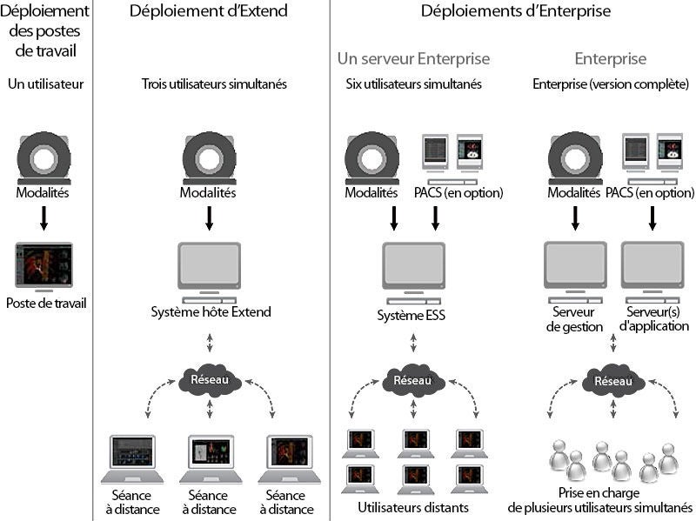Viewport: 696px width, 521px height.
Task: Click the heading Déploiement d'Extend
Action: coord(209,10)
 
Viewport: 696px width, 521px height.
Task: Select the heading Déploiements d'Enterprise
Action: coord(515,10)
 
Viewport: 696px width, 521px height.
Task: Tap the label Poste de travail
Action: coord(46,303)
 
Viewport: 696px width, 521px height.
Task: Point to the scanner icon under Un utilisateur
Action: coord(44,158)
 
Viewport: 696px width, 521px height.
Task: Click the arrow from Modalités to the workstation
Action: coord(43,218)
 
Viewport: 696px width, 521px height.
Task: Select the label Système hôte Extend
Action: coord(211,311)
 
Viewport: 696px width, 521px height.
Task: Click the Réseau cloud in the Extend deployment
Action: coord(210,380)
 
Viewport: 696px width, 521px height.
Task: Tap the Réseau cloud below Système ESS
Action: coord(413,380)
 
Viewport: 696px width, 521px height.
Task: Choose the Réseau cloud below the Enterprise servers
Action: coord(613,380)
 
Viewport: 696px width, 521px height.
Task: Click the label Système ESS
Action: coord(411,315)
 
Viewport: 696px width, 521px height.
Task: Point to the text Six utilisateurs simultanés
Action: coord(414,83)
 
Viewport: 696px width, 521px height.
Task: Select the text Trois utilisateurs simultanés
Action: coord(214,83)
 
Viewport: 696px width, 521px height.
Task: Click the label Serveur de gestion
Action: coord(574,319)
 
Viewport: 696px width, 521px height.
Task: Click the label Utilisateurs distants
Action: coord(413,507)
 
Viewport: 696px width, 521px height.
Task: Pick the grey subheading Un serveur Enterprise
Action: coord(413,58)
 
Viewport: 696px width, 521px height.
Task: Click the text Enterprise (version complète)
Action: coord(611,83)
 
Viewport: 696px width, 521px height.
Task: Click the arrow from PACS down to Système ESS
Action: coord(435,218)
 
